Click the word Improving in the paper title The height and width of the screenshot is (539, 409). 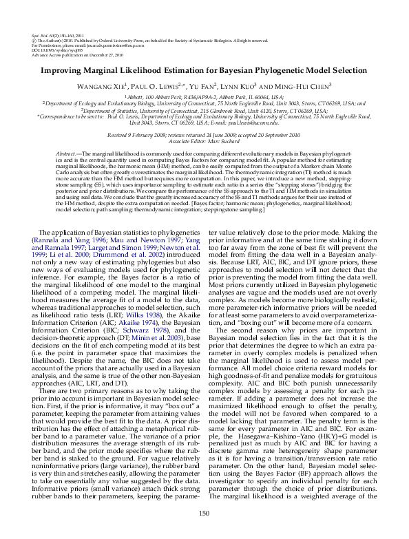pyautogui.click(x=63, y=70)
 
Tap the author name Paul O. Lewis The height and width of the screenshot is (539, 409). pyautogui.click(x=155, y=86)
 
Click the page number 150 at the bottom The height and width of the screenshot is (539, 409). pyautogui.click(x=204, y=514)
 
